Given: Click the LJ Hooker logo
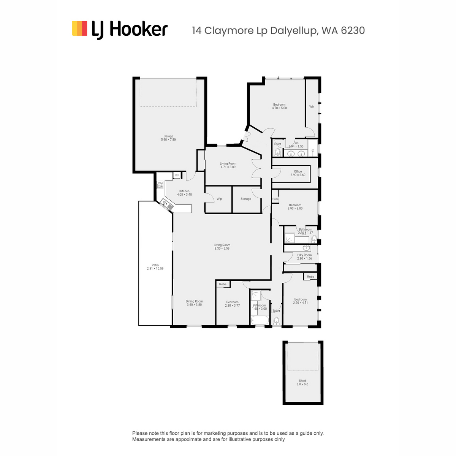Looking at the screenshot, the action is [120, 30].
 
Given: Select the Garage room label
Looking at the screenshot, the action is [168, 136].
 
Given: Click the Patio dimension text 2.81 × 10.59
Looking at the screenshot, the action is [155, 268].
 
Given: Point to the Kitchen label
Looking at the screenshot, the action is [184, 191].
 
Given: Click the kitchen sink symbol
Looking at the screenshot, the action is [166, 205].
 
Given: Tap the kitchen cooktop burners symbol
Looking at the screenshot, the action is [160, 185].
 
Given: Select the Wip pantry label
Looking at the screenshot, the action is [219, 199].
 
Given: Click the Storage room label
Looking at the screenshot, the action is [246, 199].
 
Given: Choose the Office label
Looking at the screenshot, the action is [298, 171].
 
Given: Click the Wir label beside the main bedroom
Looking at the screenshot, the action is [312, 106].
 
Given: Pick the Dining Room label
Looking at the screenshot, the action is [194, 301].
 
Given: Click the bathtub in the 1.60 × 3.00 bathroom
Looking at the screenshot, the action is [260, 320].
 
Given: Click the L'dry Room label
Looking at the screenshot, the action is [304, 255].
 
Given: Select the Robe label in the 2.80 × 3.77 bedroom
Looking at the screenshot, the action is [223, 284].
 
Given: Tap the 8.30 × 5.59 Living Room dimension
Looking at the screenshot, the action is [222, 249].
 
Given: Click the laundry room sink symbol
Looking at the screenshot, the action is [306, 248].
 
